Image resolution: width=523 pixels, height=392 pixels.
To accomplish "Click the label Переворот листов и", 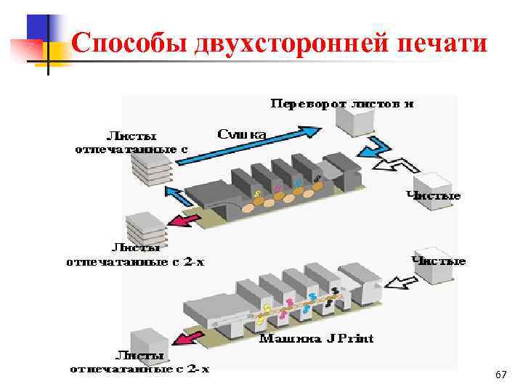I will (x=342, y=104).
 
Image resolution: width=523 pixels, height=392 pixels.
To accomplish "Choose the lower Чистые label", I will (x=439, y=260).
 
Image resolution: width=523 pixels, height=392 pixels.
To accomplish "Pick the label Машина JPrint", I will (x=317, y=338).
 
